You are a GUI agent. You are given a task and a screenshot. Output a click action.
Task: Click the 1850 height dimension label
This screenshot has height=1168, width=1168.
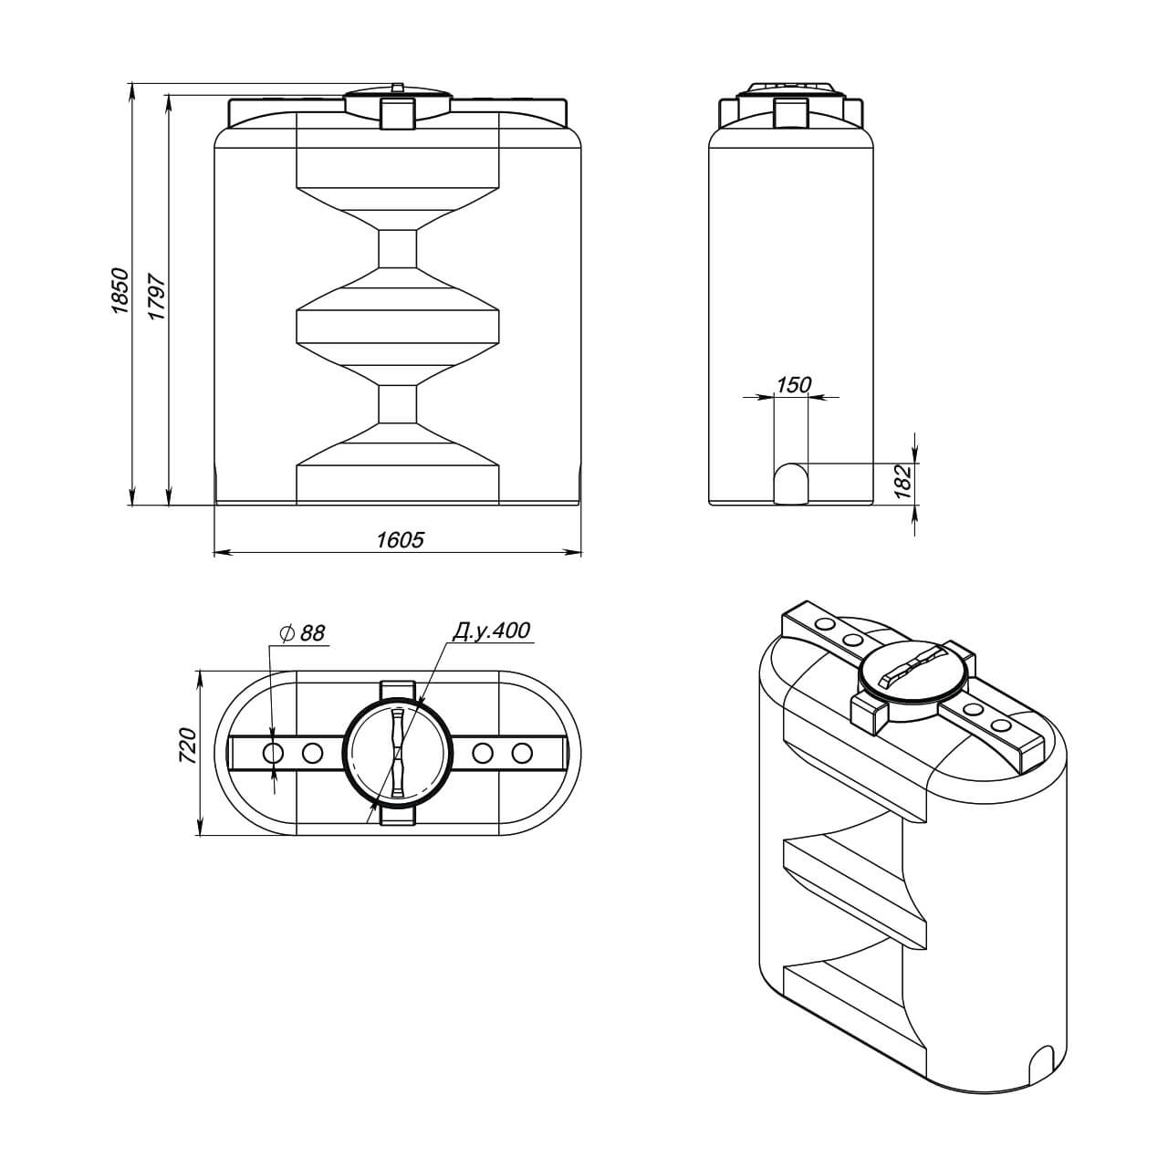120,290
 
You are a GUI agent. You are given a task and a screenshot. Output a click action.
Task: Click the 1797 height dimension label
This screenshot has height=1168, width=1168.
157,297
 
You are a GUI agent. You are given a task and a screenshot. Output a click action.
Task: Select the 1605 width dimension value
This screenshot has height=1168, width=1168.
400,539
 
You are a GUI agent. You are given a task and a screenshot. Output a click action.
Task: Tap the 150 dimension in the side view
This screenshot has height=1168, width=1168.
793,384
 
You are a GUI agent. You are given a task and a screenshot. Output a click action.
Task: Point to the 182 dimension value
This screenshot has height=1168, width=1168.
903,482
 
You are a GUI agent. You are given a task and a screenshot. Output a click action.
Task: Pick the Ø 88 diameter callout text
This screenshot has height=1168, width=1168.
302,633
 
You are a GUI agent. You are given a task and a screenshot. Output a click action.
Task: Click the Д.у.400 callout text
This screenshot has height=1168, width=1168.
491,631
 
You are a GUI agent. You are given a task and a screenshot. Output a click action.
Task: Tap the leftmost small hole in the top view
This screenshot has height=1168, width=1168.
274,754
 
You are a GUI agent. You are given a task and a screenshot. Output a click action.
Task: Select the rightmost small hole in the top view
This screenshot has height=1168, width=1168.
521,754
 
